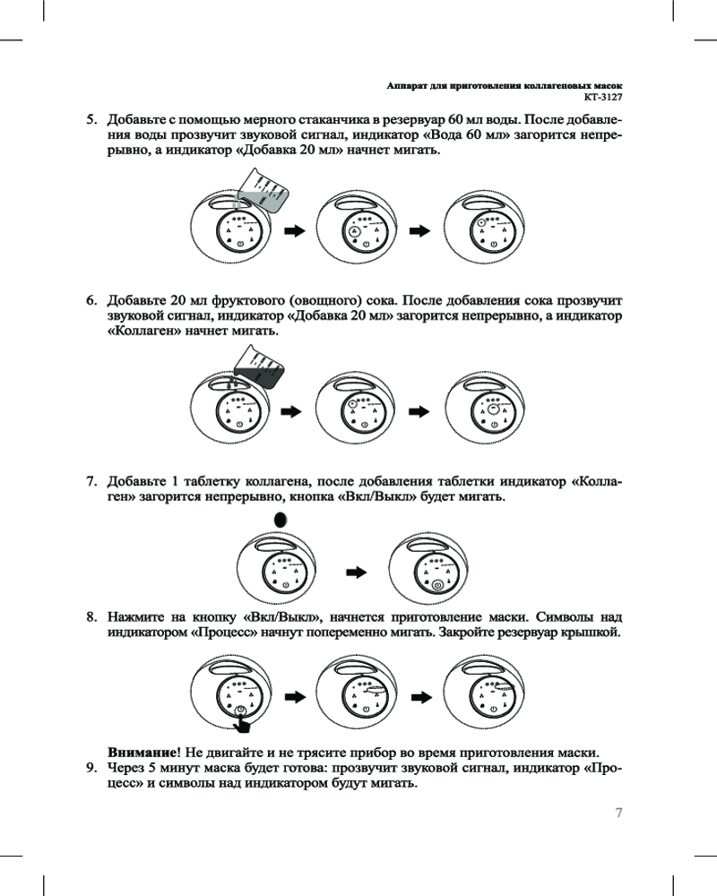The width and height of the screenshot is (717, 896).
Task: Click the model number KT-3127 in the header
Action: [602, 95]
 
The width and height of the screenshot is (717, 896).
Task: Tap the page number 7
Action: [618, 813]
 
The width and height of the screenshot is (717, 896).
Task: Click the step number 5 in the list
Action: [91, 119]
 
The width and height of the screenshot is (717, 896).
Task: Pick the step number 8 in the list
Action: [91, 617]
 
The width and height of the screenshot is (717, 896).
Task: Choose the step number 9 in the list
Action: [91, 768]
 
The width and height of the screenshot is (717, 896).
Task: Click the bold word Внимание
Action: [142, 752]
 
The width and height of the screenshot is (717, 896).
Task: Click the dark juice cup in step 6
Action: [261, 365]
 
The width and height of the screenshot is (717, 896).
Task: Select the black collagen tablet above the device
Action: [281, 520]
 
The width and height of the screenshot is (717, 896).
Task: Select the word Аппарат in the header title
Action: [404, 82]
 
